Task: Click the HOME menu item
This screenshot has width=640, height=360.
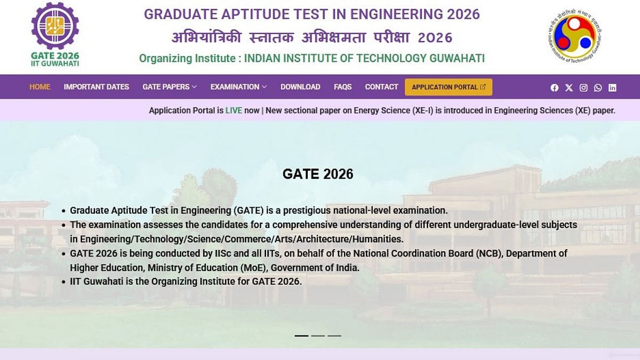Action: tap(39, 87)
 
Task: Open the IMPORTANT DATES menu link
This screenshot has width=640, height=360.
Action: tap(97, 87)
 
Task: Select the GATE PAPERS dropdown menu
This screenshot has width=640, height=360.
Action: tap(170, 87)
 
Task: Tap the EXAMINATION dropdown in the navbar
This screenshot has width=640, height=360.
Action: tap(238, 87)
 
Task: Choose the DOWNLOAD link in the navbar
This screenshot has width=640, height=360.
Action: tap(300, 87)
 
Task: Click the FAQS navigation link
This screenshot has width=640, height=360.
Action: tap(342, 87)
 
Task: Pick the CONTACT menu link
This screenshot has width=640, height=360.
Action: tap(381, 87)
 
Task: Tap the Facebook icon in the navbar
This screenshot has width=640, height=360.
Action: tap(554, 87)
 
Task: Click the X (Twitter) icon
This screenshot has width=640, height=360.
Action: tap(569, 87)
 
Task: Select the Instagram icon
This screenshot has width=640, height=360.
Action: tap(583, 87)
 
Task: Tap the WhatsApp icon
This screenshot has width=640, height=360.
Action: tap(598, 87)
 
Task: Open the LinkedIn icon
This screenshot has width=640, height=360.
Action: tap(612, 87)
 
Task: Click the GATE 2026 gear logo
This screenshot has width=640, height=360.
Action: tap(55, 26)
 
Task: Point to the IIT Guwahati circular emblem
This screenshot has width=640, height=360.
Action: tap(574, 35)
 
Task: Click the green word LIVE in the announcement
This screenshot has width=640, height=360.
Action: tap(234, 110)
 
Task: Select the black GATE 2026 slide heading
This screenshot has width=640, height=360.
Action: tap(318, 174)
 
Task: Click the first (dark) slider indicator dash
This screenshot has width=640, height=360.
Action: tap(301, 335)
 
